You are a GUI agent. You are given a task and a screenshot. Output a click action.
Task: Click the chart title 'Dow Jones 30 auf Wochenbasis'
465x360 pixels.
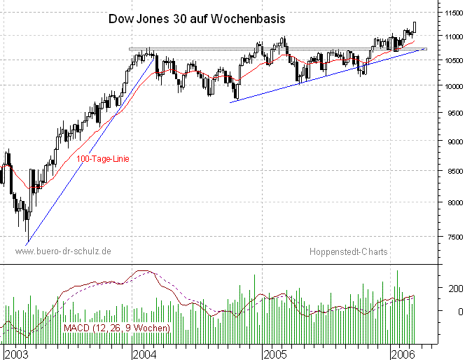coord(197,20)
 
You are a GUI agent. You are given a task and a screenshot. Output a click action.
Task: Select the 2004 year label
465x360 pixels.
coord(144,354)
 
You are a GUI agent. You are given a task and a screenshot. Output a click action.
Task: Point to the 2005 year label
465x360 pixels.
coord(276,354)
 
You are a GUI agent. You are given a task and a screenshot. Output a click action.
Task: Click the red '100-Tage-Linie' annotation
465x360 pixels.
coord(103,160)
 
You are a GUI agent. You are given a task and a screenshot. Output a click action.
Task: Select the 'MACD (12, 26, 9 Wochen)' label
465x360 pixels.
coord(116,328)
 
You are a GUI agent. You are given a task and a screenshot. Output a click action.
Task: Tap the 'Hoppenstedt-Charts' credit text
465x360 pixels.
coord(349,251)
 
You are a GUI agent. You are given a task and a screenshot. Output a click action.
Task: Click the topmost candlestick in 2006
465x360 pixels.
coord(415,27)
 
